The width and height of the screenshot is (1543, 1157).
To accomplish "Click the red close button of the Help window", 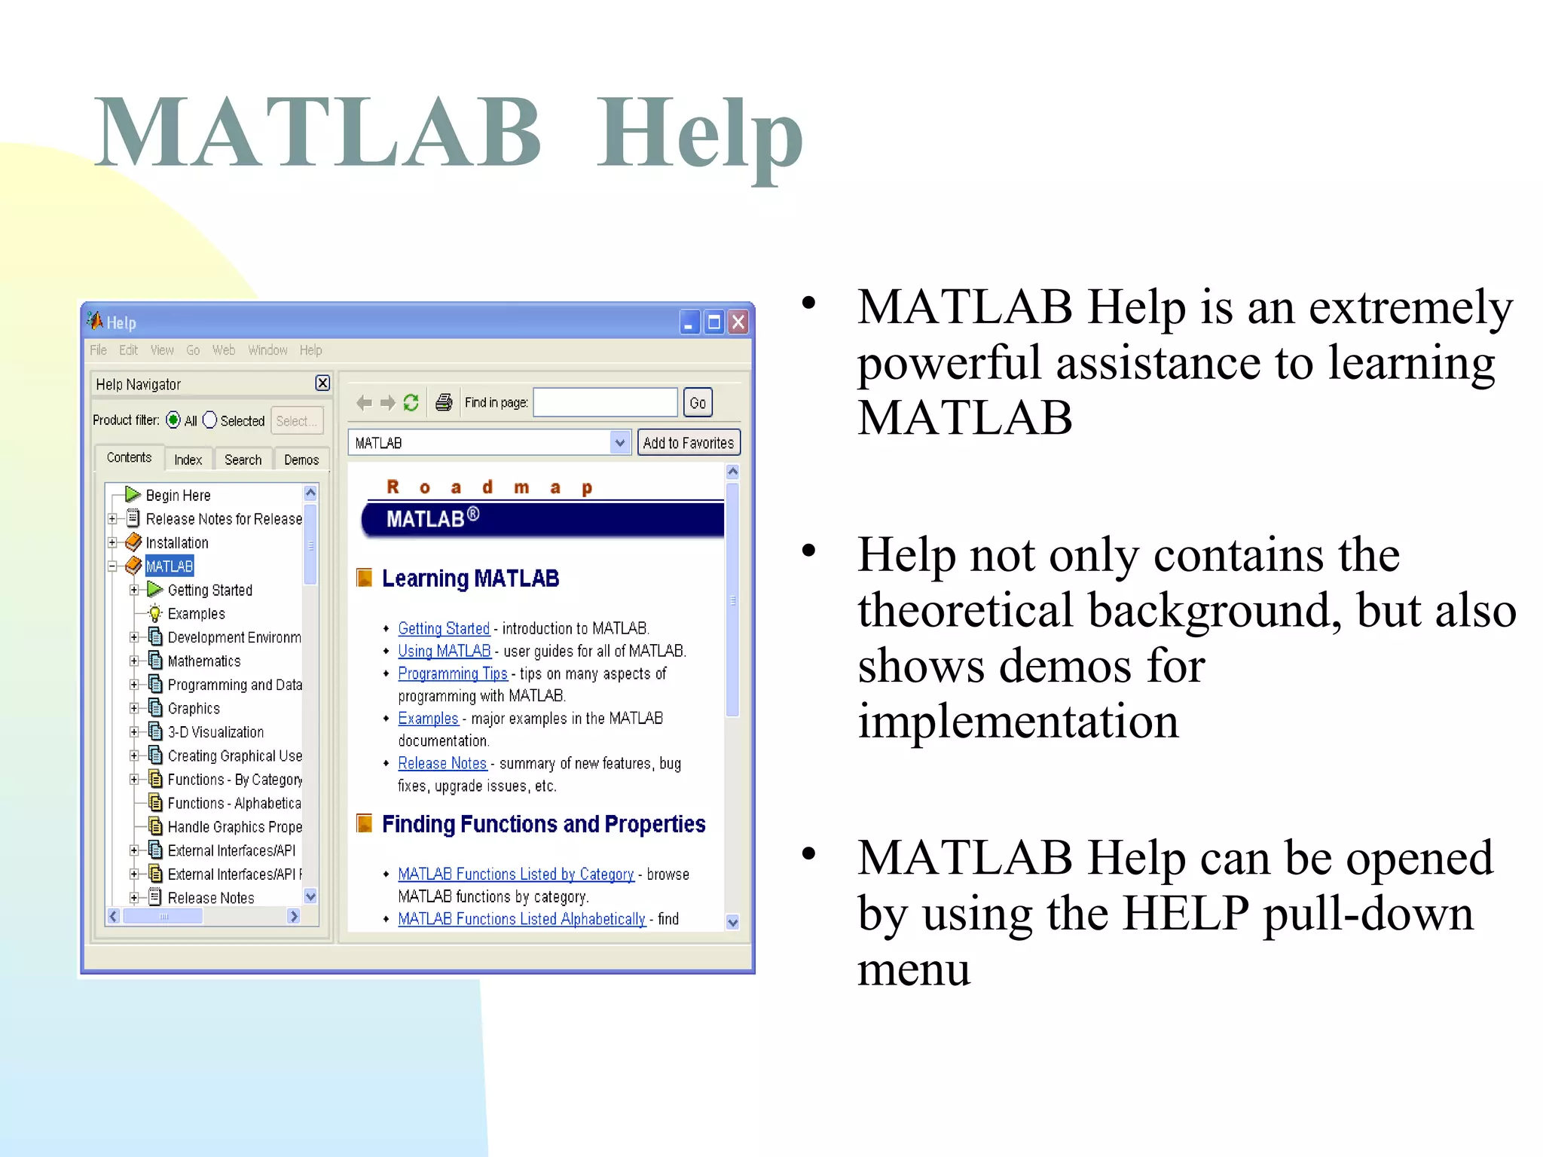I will [739, 323].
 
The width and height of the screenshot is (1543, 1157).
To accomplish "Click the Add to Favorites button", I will [689, 443].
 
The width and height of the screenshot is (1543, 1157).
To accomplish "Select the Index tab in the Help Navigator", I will [188, 459].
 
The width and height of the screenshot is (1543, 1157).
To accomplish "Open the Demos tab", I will [301, 459].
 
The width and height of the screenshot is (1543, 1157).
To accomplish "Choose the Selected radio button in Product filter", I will [210, 420].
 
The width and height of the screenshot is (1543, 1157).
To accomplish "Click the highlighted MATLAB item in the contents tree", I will [170, 566].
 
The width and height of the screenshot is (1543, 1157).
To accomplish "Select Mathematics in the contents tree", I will [204, 661].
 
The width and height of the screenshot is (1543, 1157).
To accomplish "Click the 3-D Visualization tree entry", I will [215, 732].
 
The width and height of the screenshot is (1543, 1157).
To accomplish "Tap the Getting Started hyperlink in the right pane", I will [444, 628].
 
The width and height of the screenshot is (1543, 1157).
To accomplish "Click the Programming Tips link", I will [453, 673].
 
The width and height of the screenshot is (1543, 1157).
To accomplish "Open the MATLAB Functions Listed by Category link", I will [516, 875].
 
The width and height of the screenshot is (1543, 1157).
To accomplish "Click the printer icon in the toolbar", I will [444, 403].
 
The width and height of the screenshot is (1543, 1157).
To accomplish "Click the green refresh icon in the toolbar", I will [411, 403].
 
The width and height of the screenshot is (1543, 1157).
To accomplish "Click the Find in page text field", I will [606, 403].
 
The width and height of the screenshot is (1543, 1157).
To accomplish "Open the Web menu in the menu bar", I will [224, 350].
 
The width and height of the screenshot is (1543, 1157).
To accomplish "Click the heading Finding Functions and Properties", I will [543, 824].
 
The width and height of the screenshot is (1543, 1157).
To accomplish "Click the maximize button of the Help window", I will [714, 323].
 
